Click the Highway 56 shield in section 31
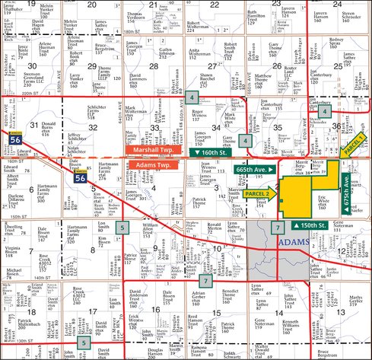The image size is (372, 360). pyautogui.click(x=16, y=139)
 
